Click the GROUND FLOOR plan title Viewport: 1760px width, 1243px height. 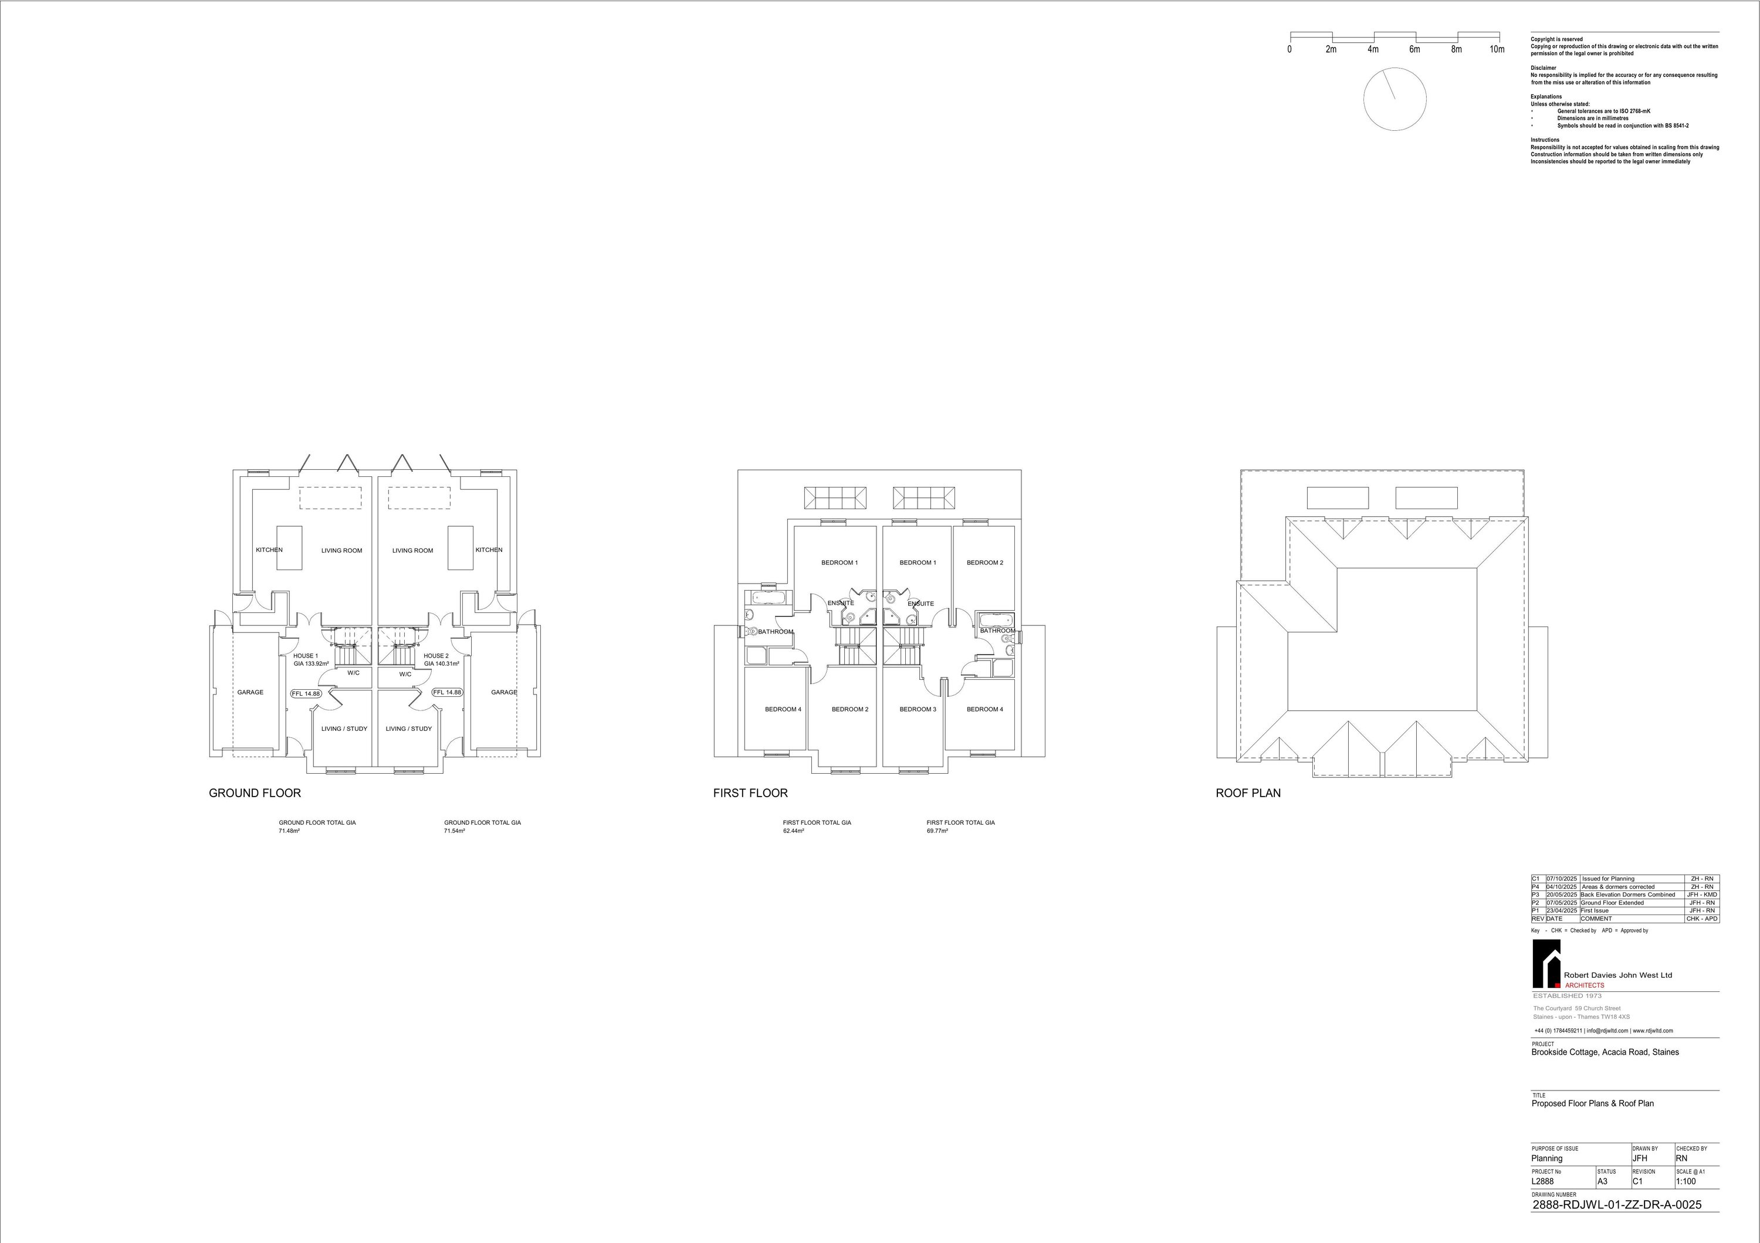pyautogui.click(x=255, y=793)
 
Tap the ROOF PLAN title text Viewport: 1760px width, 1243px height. pyautogui.click(x=1248, y=793)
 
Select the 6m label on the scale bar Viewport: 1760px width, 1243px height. pyautogui.click(x=1414, y=50)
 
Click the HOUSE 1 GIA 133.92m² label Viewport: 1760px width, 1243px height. pyautogui.click(x=310, y=660)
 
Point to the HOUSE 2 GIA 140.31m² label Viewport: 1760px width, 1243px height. pyautogui.click(x=441, y=660)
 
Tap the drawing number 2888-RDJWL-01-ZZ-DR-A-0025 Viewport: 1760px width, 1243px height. pyautogui.click(x=1616, y=1205)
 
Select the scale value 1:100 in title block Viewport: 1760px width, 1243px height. pyautogui.click(x=1685, y=1181)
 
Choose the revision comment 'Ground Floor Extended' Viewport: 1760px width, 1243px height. pyautogui.click(x=1612, y=903)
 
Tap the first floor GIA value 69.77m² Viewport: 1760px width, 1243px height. pyautogui.click(x=937, y=831)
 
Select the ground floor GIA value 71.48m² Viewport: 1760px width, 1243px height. pyautogui.click(x=289, y=831)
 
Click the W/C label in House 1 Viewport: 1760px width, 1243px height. pyautogui.click(x=353, y=673)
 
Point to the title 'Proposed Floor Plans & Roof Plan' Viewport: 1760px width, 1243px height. pyautogui.click(x=1592, y=1103)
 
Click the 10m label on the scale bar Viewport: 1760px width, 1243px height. pyautogui.click(x=1497, y=50)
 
